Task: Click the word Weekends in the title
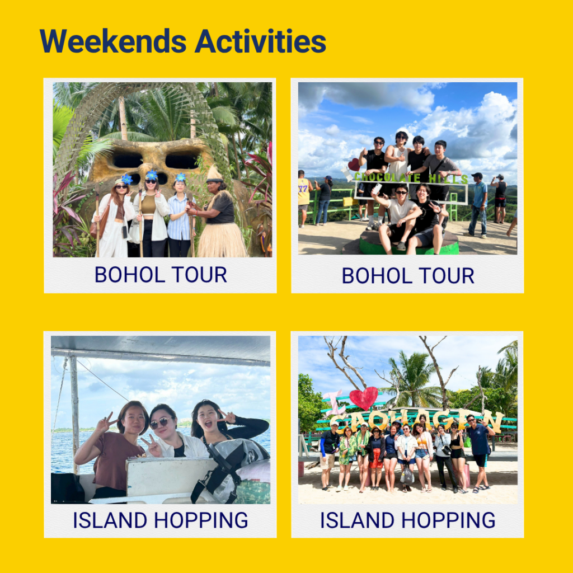[x=113, y=41]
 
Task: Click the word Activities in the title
[x=260, y=41]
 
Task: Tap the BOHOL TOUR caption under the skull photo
[x=161, y=274]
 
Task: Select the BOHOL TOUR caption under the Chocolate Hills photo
[x=408, y=275]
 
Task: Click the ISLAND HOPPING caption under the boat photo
[x=161, y=520]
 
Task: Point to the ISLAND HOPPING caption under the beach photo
[x=408, y=520]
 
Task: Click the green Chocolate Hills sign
[x=411, y=178]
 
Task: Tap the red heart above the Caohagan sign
[x=363, y=398]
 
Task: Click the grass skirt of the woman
[x=222, y=239]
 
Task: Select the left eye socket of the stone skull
[x=128, y=159]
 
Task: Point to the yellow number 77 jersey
[x=303, y=191]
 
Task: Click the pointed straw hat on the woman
[x=214, y=175]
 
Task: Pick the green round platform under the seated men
[x=409, y=244]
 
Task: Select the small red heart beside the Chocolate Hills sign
[x=354, y=165]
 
